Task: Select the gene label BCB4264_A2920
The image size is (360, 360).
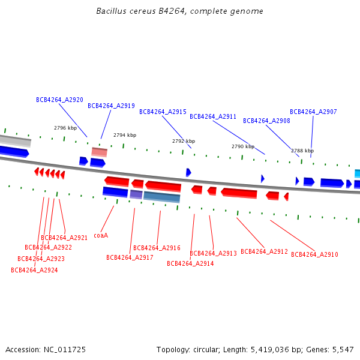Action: pyautogui.click(x=59, y=100)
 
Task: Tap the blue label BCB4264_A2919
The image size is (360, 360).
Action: pyautogui.click(x=111, y=106)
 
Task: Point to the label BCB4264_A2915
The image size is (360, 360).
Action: pyautogui.click(x=163, y=112)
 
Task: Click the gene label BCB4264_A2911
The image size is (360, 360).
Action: pyautogui.click(x=213, y=116)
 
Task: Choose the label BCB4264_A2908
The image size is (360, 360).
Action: pyautogui.click(x=266, y=121)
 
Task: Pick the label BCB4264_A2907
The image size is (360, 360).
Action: pyautogui.click(x=313, y=112)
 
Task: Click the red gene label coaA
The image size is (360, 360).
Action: pyautogui.click(x=101, y=235)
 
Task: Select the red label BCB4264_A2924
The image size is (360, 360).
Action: pyautogui.click(x=34, y=270)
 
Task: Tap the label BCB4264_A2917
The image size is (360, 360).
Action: pyautogui.click(x=130, y=257)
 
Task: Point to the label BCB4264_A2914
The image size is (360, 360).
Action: pyautogui.click(x=190, y=263)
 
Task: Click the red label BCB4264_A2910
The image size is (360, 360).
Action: pyautogui.click(x=314, y=254)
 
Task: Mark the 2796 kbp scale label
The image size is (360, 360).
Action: pyautogui.click(x=65, y=128)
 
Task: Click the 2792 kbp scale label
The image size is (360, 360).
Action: pyautogui.click(x=184, y=141)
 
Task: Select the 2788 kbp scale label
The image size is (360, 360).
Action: pyautogui.click(x=302, y=151)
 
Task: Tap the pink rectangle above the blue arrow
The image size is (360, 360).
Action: pyautogui.click(x=100, y=152)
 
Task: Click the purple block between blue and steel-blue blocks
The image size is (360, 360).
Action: pyautogui.click(x=136, y=194)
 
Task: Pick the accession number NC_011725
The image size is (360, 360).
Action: pyautogui.click(x=65, y=350)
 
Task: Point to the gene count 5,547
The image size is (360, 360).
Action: pyautogui.click(x=343, y=350)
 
